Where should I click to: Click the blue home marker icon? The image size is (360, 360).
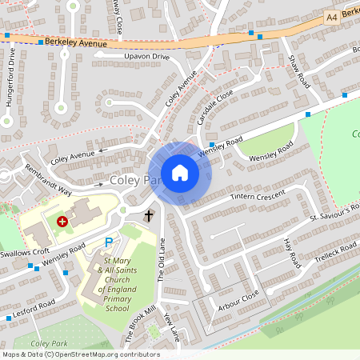[x=180, y=173]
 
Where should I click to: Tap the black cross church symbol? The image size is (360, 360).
[x=148, y=215]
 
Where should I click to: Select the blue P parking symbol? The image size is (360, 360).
[x=109, y=242]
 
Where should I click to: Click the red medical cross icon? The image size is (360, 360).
[x=62, y=221]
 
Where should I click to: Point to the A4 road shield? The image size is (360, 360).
[x=332, y=17]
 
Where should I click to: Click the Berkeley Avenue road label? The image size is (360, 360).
[x=76, y=43]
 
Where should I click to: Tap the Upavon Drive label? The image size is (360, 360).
[x=147, y=58]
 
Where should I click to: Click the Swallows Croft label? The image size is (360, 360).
[x=19, y=253]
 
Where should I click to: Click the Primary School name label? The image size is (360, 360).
[x=117, y=285]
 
